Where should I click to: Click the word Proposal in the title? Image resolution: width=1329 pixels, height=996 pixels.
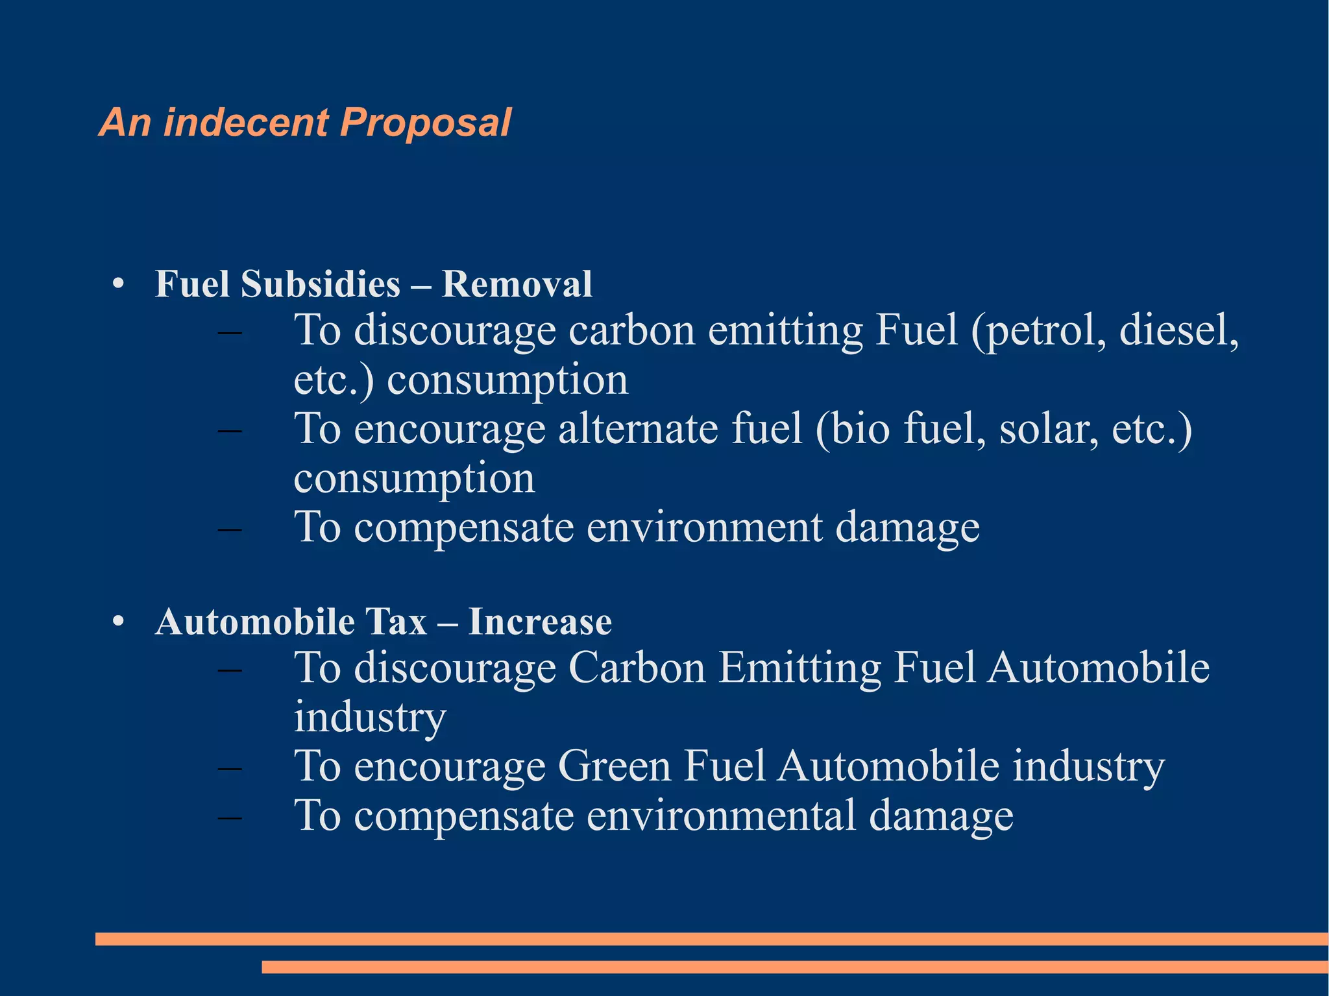tap(425, 123)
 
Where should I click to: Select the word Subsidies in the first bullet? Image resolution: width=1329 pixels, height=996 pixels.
tap(321, 284)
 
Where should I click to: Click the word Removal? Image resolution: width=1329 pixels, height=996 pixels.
tap(517, 284)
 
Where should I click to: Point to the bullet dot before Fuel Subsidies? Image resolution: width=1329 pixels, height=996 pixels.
tap(117, 284)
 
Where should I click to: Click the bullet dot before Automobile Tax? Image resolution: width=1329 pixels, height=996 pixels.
tap(117, 622)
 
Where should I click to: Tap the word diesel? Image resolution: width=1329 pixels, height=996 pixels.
tap(1178, 331)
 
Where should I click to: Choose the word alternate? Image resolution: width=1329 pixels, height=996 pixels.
tap(638, 429)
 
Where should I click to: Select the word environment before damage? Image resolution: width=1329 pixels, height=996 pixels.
tap(704, 527)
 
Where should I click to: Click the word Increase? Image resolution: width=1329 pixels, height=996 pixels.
tap(540, 622)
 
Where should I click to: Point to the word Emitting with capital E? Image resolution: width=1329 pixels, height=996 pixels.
tap(799, 668)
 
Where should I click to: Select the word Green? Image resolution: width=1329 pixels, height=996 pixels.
tap(614, 766)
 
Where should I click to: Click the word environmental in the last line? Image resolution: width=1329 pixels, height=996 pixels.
tap(721, 816)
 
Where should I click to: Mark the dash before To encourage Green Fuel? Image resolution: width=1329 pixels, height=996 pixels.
tap(230, 768)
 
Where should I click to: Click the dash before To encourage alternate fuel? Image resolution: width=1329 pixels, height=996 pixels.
tap(230, 431)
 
